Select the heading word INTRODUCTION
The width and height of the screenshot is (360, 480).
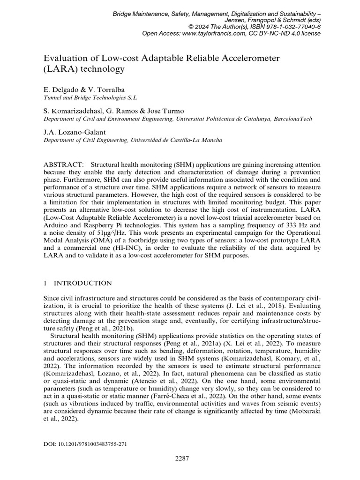[83, 283]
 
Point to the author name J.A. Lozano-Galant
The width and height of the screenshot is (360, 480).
[76, 132]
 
